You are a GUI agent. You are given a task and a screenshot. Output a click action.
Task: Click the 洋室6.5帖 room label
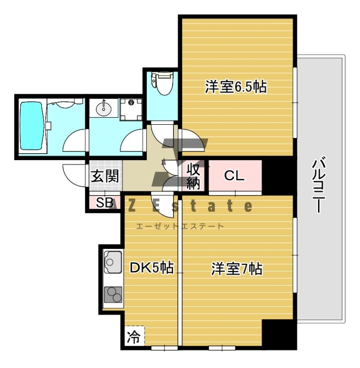pyautogui.click(x=236, y=86)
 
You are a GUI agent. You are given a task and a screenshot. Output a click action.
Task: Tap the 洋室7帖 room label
pyautogui.click(x=237, y=269)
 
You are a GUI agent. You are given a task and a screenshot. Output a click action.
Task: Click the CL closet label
pyautogui.click(x=234, y=175)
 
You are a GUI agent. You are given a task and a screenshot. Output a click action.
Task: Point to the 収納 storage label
pyautogui.click(x=193, y=176)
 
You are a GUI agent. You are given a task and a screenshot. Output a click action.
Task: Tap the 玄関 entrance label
pyautogui.click(x=105, y=176)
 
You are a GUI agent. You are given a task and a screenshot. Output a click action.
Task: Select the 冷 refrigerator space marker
pyautogui.click(x=133, y=337)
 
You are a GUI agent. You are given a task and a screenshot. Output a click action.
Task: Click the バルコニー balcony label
pyautogui.click(x=319, y=185)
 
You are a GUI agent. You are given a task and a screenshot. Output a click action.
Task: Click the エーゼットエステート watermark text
pyautogui.click(x=180, y=226)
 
